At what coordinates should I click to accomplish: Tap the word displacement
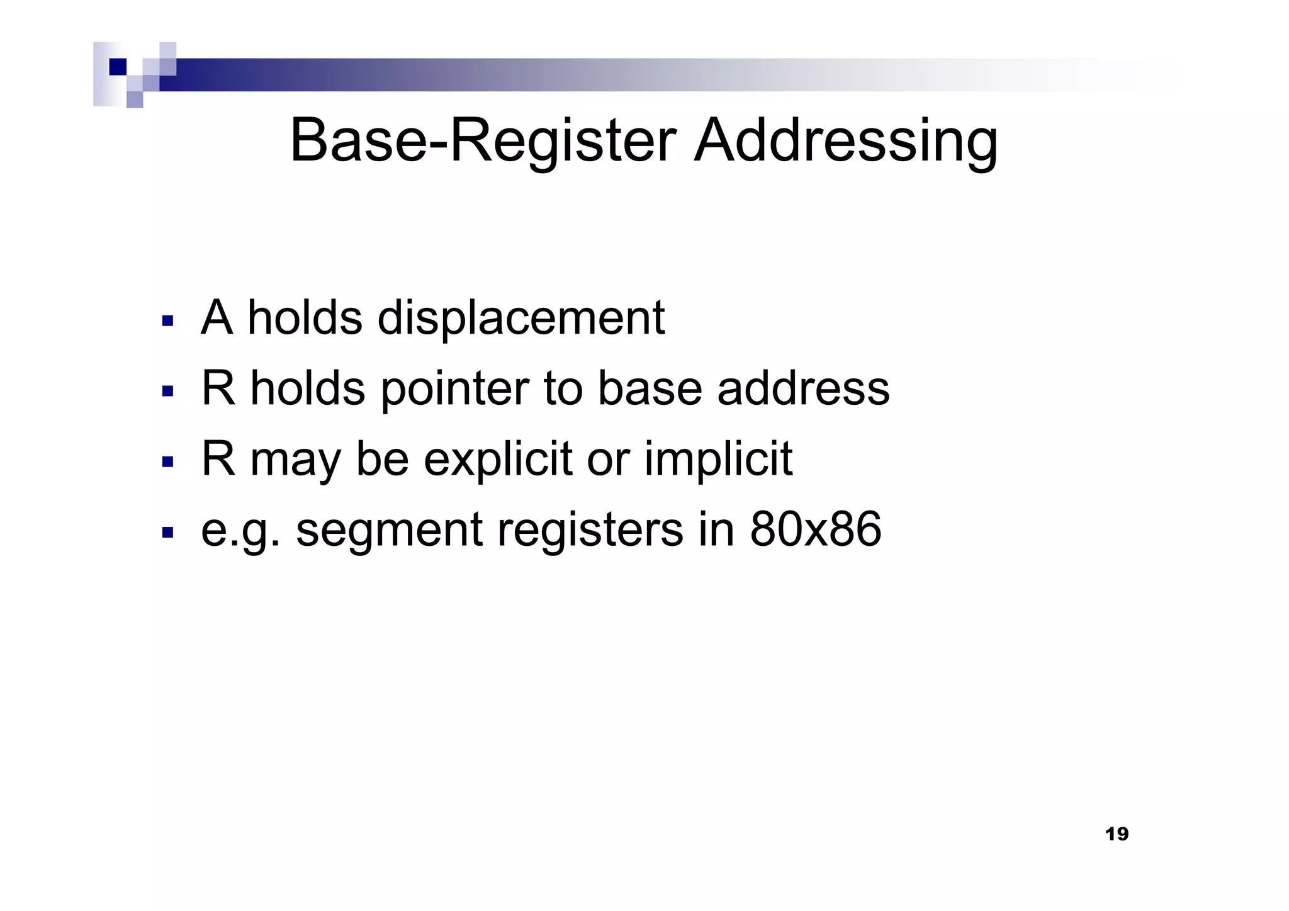[521, 318]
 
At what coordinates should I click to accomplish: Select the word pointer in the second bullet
[454, 389]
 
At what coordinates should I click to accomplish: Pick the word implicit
[718, 460]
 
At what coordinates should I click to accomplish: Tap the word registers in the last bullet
[590, 530]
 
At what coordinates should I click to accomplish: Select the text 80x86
[815, 530]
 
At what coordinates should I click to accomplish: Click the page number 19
[1117, 835]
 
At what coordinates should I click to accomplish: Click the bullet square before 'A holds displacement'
[167, 321]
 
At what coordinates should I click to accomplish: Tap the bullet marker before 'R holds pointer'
[167, 392]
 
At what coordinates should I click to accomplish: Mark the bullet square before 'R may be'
[167, 462]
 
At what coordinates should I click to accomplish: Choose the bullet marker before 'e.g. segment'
[167, 533]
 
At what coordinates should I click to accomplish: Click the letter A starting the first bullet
[217, 318]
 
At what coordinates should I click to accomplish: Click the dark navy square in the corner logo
[118, 67]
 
